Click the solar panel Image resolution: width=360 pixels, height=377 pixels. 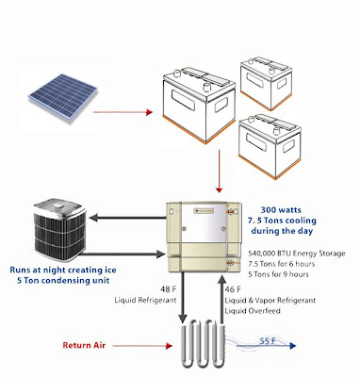63,97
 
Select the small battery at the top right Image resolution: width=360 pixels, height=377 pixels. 266,84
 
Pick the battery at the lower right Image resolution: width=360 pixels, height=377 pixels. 270,147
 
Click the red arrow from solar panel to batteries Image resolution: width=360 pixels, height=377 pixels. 123,112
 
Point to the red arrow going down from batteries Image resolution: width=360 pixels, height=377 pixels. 220,172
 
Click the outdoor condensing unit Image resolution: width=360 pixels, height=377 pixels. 59,230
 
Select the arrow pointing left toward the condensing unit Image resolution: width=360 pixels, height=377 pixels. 127,218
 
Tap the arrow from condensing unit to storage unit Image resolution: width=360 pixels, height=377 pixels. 124,254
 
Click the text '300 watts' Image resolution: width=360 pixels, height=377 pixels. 281,210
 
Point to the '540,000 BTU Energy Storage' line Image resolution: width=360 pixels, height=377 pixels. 297,254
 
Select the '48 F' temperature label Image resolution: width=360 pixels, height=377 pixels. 168,289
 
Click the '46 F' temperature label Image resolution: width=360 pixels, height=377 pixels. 233,289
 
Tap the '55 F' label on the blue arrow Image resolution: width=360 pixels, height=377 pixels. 268,340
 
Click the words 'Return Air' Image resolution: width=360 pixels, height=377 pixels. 84,345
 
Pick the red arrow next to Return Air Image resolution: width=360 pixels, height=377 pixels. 142,346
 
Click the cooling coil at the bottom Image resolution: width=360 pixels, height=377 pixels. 203,343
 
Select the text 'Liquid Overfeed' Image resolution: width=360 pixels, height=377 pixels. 253,311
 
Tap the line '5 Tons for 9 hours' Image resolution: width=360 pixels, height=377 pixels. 278,274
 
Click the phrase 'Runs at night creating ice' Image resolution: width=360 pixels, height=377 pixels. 63,270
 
